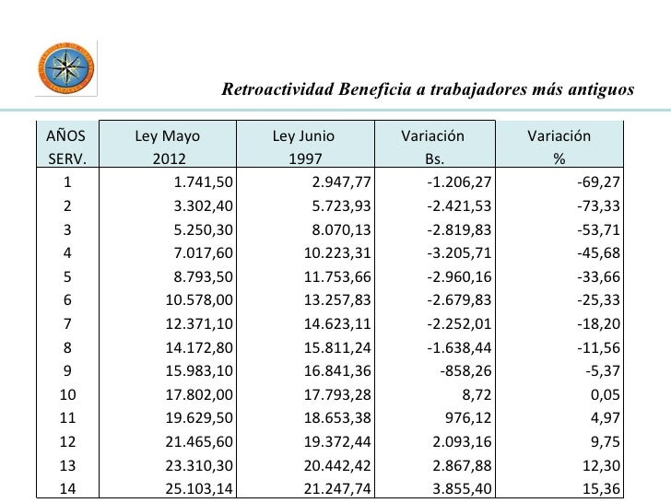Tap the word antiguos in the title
tap(605, 90)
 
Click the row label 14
tap(66, 489)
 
